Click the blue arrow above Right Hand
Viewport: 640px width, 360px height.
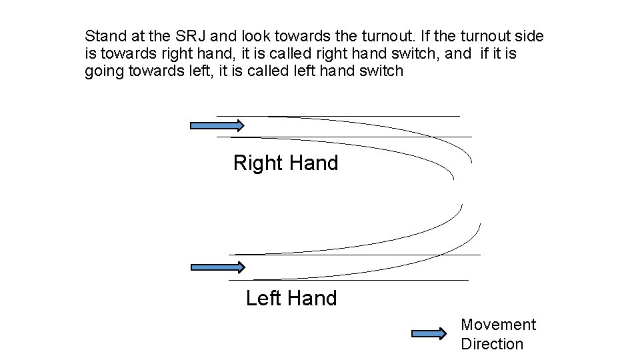(217, 125)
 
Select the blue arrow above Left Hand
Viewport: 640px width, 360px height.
(218, 267)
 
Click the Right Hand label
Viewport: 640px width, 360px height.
(285, 163)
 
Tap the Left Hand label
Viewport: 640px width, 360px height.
(291, 298)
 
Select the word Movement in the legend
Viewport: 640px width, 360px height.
(498, 325)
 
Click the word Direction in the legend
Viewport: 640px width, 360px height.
(492, 344)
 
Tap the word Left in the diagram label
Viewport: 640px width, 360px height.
(264, 298)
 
